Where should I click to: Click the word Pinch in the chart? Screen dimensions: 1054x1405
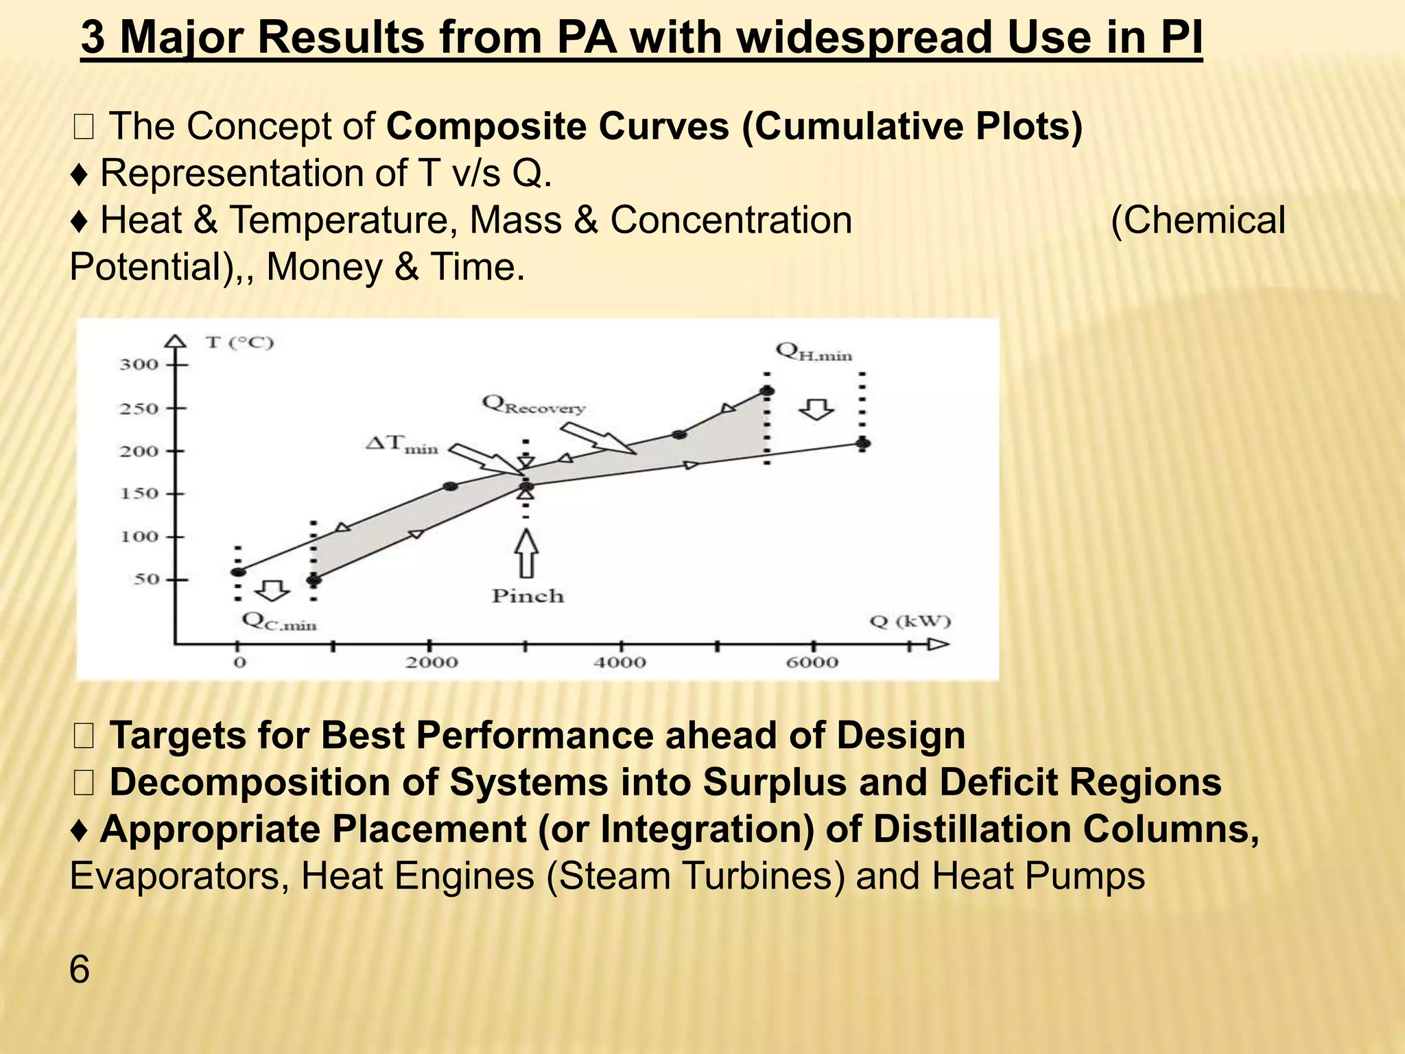[x=528, y=596]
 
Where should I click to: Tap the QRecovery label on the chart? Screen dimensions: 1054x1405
[x=533, y=405]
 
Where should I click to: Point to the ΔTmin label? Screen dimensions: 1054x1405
[x=402, y=445]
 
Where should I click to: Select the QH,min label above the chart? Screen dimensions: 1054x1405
[x=814, y=352]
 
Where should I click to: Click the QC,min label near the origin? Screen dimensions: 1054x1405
[x=279, y=622]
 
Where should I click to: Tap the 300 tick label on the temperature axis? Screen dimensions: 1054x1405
[x=139, y=364]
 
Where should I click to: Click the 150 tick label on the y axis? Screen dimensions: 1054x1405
[x=139, y=493]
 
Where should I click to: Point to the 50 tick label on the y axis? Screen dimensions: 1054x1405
[x=145, y=579]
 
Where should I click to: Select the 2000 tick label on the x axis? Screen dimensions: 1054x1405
[x=431, y=663]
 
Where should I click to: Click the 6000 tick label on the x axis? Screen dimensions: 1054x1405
[x=812, y=663]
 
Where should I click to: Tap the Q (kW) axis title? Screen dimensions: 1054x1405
[x=910, y=622]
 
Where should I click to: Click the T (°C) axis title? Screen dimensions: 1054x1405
[x=239, y=342]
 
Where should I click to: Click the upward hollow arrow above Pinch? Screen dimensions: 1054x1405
[x=526, y=553]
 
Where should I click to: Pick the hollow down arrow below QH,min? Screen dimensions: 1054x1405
[x=816, y=409]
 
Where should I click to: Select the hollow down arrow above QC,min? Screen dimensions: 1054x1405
[x=272, y=589]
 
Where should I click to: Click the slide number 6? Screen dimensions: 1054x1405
[x=80, y=970]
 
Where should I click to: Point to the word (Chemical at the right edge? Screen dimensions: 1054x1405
[x=1198, y=220]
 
